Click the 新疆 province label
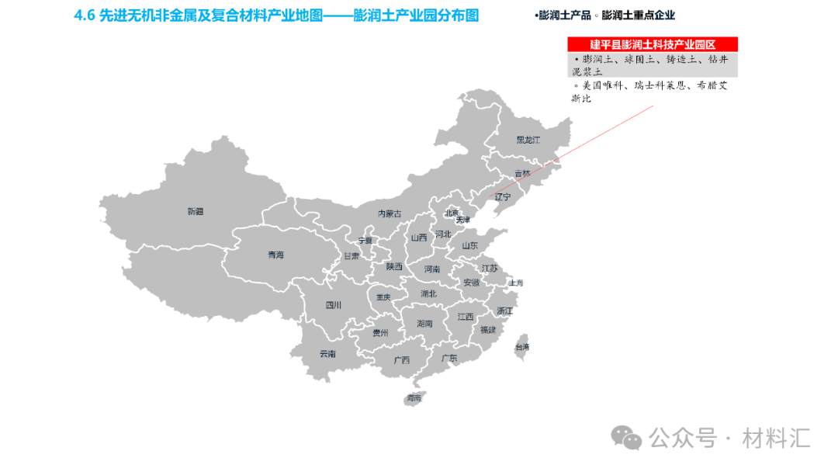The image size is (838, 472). (x=195, y=211)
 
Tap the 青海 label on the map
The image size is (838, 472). (x=276, y=255)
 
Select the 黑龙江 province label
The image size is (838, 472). (x=528, y=140)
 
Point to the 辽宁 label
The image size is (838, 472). (x=503, y=197)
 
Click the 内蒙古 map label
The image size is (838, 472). (x=390, y=213)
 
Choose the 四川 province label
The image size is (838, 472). (x=334, y=305)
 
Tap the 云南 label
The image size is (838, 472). (x=327, y=354)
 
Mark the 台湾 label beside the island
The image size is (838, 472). (x=522, y=347)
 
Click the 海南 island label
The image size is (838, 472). (x=414, y=398)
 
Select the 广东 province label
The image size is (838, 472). (x=449, y=359)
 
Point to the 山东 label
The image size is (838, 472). (x=470, y=246)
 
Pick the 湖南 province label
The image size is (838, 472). (x=424, y=323)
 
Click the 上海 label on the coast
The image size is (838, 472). (x=516, y=283)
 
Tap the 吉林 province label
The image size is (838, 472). (x=522, y=174)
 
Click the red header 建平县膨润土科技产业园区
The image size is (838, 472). (x=652, y=45)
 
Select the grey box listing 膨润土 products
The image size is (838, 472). (x=652, y=64)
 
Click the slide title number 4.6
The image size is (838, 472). (x=84, y=16)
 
